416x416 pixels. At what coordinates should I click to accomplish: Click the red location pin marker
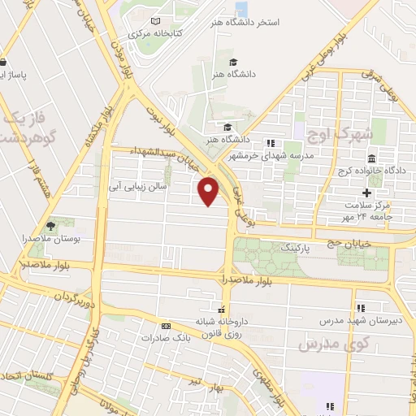click(x=209, y=191)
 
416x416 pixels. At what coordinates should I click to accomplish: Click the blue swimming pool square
click(x=241, y=10)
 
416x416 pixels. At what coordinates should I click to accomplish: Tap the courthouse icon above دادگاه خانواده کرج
click(x=371, y=158)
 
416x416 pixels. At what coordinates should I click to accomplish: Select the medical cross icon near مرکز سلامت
click(x=366, y=193)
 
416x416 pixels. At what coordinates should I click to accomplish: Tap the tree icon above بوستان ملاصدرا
click(x=51, y=225)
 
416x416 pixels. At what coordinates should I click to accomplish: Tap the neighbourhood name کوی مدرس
click(x=321, y=344)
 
